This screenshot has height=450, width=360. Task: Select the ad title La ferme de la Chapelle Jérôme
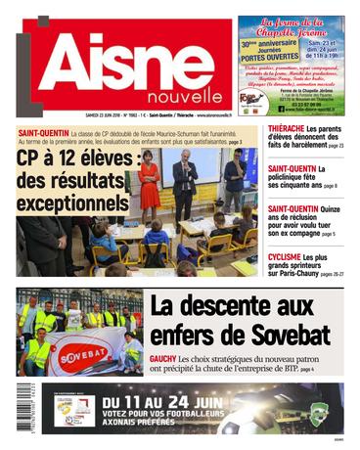coord(291,30)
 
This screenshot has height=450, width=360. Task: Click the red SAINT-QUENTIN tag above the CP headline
coord(46,132)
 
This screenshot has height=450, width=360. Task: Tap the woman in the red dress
coord(150,180)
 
